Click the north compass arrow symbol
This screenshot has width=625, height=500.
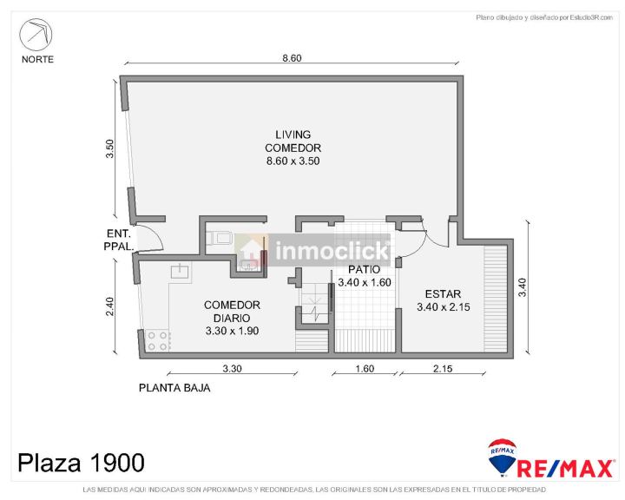[x=36, y=35]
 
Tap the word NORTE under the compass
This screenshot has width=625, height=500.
[x=37, y=59]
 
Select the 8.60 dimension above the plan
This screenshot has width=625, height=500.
[x=292, y=58]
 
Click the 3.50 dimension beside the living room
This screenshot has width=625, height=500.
[x=109, y=148]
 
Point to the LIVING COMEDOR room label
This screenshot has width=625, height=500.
[x=293, y=148]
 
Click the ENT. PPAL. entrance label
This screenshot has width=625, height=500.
[x=118, y=240]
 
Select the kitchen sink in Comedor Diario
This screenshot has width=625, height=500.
[x=181, y=271]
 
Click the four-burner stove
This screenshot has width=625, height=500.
[x=157, y=341]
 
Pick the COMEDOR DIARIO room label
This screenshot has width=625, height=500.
[x=232, y=318]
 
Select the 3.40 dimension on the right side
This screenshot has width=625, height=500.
[x=523, y=287]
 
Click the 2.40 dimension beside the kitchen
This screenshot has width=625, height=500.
[x=110, y=306]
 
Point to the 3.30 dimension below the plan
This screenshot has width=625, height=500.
[x=232, y=368]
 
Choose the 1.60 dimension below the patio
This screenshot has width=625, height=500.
[x=365, y=368]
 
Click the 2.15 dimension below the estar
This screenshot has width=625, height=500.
[x=443, y=368]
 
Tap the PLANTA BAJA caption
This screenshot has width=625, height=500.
[x=174, y=387]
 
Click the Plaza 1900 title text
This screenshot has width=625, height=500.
[x=81, y=463]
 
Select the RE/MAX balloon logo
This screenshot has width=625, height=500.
[x=502, y=457]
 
